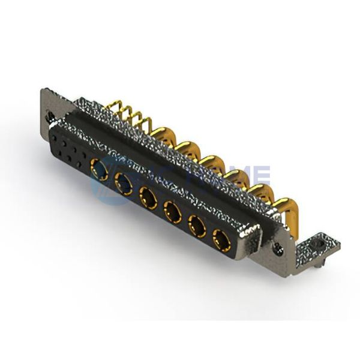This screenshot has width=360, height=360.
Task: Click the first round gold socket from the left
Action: pos(100,170)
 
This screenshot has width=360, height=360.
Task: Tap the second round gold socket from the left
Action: pos(125,182)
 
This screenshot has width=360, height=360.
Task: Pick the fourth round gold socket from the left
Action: pos(172,211)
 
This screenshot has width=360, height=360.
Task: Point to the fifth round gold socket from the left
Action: pos(196,226)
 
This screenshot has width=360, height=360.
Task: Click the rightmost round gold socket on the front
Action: pos(221,239)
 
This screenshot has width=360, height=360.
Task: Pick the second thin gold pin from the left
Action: pos(121,113)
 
